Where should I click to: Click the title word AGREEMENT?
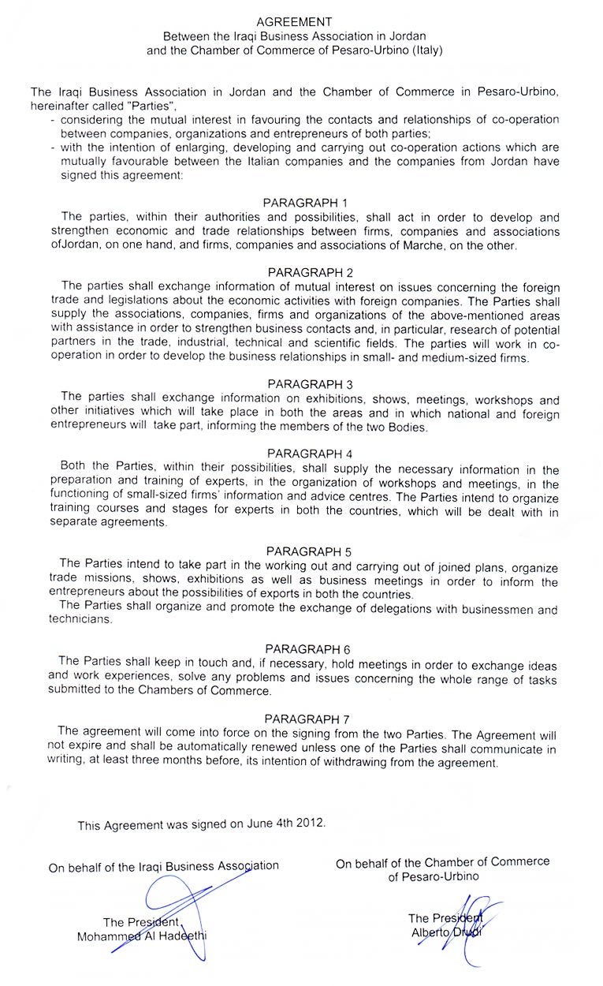(x=295, y=22)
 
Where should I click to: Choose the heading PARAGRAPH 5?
(x=303, y=551)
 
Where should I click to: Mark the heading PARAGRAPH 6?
(x=303, y=649)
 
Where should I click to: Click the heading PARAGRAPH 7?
(x=303, y=719)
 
